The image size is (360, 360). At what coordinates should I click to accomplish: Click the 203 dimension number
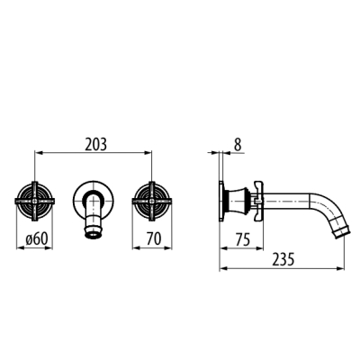(95, 145)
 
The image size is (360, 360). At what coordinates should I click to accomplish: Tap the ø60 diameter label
(37, 239)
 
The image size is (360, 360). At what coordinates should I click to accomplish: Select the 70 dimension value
(154, 239)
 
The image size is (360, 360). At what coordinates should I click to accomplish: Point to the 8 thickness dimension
(238, 145)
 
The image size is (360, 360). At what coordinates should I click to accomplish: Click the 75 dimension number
(243, 239)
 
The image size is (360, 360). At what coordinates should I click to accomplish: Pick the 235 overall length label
(283, 259)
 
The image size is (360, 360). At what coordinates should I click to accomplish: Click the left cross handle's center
(35, 202)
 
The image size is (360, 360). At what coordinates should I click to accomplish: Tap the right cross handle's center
(152, 202)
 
